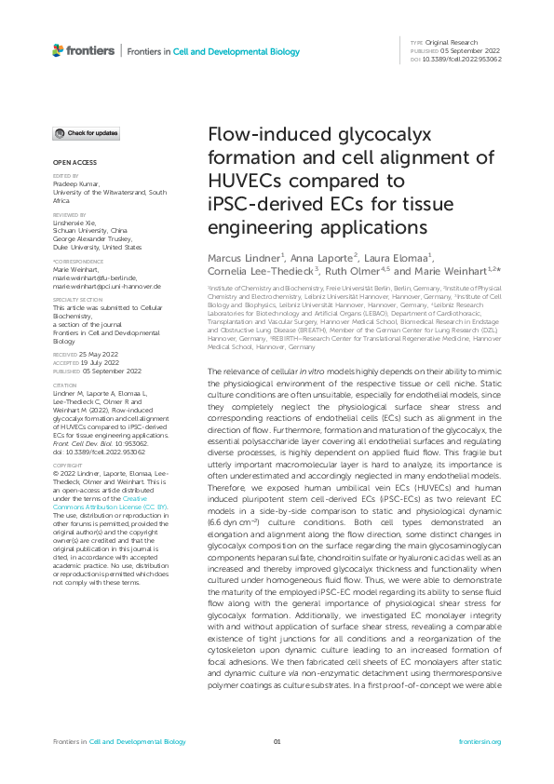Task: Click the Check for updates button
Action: click(86, 134)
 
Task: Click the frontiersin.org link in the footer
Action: click(480, 742)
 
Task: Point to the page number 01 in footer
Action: click(277, 742)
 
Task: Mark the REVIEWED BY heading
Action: click(68, 213)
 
